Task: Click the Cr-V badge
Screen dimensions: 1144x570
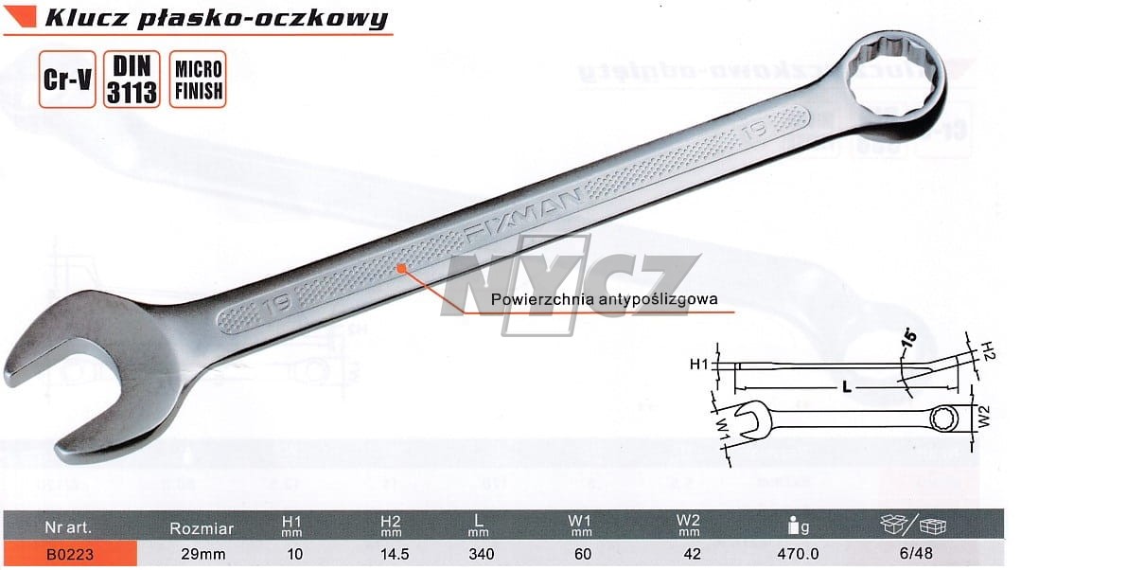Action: (x=67, y=80)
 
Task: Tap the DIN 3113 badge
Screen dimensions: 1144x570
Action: (x=132, y=80)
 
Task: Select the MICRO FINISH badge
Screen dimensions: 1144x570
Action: (x=198, y=80)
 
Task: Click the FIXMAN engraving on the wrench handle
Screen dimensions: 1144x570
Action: (x=522, y=216)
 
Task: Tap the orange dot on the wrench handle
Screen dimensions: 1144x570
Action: (x=401, y=268)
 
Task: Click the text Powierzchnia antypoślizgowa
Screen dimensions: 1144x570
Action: (x=605, y=299)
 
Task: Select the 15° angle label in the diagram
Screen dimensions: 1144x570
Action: (x=909, y=339)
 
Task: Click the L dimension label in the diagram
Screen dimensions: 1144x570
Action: (x=846, y=387)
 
